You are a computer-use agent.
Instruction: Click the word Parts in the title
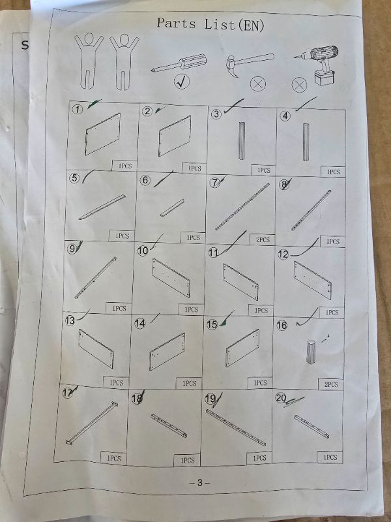(x=176, y=23)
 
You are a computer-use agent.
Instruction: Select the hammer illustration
(x=250, y=63)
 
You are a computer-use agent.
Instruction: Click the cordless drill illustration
(x=317, y=64)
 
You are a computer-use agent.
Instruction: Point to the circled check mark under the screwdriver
(x=182, y=82)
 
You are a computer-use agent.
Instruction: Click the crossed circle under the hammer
(x=258, y=84)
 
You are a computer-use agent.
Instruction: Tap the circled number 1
(x=78, y=109)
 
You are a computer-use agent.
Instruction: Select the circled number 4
(x=285, y=116)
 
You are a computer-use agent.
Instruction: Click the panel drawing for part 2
(x=175, y=136)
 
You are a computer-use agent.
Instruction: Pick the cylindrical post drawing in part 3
(x=242, y=141)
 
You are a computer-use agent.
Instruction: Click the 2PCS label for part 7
(x=263, y=239)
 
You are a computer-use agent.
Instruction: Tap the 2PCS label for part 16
(x=331, y=384)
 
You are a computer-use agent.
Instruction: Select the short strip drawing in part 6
(x=172, y=208)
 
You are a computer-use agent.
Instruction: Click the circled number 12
(x=283, y=254)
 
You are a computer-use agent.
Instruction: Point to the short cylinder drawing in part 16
(x=311, y=352)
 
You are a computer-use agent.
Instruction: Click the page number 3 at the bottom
(x=199, y=482)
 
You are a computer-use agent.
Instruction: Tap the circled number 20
(x=281, y=398)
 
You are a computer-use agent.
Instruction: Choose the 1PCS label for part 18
(x=187, y=461)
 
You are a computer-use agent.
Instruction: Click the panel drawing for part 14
(x=167, y=352)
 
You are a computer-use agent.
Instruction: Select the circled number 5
(x=74, y=178)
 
